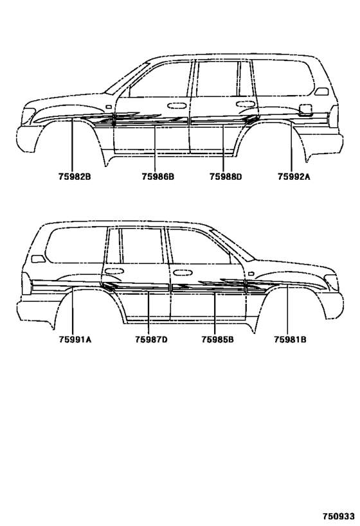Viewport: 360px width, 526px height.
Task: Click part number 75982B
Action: point(75,177)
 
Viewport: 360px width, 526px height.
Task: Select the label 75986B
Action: point(158,177)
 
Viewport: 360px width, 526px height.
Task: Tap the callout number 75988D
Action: point(226,177)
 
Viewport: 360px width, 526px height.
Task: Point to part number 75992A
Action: point(294,177)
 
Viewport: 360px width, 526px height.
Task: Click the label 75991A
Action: point(75,340)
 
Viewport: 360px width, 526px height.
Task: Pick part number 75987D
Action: point(151,340)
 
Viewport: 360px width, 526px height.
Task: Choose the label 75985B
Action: point(218,340)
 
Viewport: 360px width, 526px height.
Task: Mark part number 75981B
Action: point(290,340)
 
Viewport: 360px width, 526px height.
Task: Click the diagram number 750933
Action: point(339,516)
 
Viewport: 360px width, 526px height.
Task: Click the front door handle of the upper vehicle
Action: point(177,106)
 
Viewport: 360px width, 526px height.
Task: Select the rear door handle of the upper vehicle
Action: point(245,104)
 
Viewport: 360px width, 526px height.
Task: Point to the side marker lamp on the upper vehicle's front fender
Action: point(109,107)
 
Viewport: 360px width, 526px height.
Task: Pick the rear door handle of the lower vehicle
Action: point(114,271)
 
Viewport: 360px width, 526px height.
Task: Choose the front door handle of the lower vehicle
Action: point(182,273)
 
